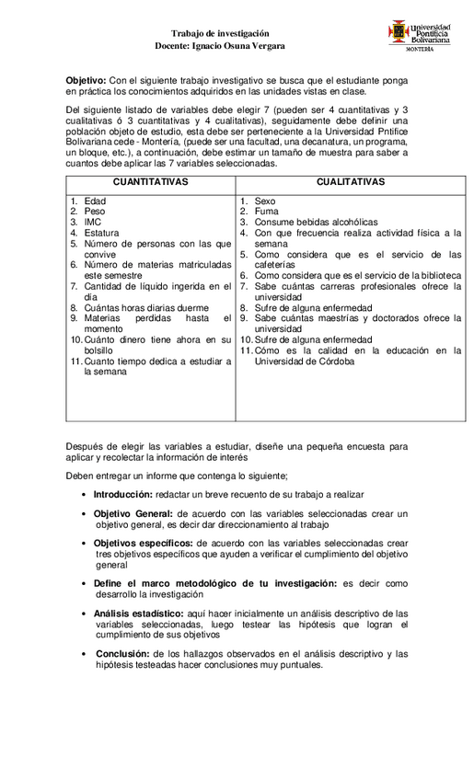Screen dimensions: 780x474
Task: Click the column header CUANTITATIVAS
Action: [150, 182]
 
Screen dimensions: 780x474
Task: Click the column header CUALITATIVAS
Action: [351, 182]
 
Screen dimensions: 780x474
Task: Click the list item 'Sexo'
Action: [265, 201]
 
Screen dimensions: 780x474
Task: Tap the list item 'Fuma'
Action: [266, 212]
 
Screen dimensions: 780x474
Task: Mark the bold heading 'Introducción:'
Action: [122, 494]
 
